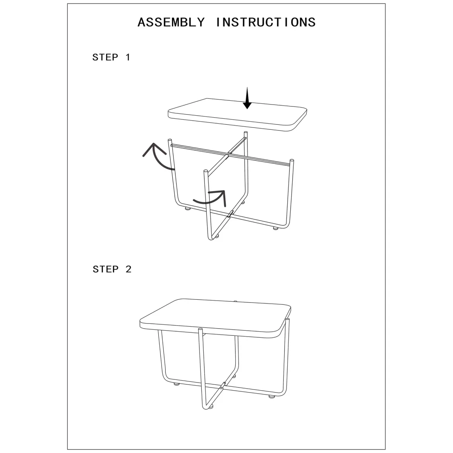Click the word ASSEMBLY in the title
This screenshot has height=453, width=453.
point(171,22)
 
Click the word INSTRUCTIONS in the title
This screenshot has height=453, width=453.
point(266,22)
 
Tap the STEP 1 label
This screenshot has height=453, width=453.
point(111,57)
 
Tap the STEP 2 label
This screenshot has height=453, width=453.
point(112,269)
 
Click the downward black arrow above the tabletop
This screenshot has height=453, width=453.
point(247,98)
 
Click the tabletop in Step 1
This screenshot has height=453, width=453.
point(237,114)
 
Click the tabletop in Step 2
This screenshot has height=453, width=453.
point(215,318)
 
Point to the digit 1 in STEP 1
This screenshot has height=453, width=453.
point(128,57)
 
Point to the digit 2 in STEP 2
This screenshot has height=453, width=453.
point(129,269)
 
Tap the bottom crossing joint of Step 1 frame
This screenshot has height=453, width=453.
point(230,214)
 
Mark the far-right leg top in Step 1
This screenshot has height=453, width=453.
point(292,161)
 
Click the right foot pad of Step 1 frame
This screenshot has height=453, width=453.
point(276,228)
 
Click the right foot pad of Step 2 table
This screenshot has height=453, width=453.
point(271,396)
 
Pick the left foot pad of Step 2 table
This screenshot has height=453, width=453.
point(176,384)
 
